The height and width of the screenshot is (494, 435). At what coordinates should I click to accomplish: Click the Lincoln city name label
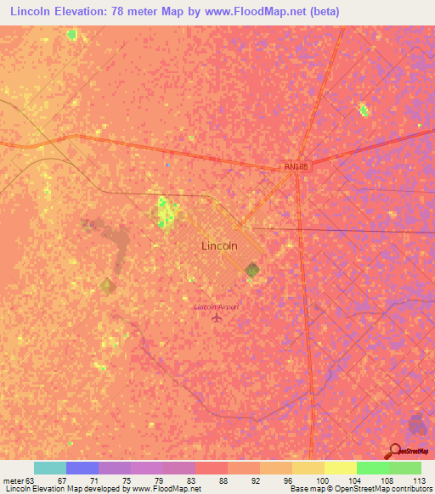click(x=219, y=245)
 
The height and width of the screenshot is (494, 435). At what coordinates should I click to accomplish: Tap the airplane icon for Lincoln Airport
click(x=217, y=318)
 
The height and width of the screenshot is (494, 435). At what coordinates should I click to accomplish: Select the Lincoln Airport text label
click(x=217, y=306)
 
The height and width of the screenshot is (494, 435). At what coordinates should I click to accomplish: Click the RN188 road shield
click(x=295, y=167)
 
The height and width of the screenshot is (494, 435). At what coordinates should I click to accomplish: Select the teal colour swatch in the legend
click(x=50, y=468)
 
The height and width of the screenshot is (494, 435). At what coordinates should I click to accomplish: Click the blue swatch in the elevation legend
click(x=82, y=468)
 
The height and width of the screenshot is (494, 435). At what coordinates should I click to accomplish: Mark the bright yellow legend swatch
click(x=340, y=468)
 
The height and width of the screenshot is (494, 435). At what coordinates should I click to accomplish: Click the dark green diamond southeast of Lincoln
click(x=252, y=270)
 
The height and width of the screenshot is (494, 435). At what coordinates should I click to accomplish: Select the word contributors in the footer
click(x=410, y=489)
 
